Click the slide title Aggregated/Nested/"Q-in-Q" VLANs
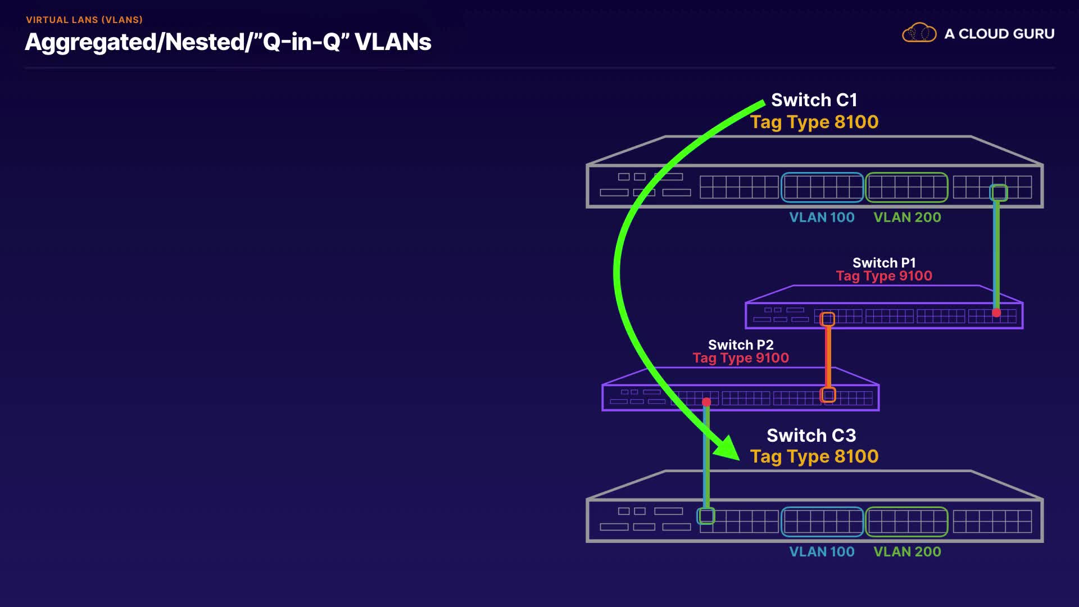(x=228, y=42)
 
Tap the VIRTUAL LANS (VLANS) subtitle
(x=84, y=20)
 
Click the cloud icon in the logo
(x=919, y=33)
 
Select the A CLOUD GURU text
(x=999, y=34)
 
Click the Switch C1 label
(x=814, y=100)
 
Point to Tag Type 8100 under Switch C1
(x=814, y=122)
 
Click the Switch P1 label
(x=884, y=262)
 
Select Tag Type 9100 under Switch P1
(x=884, y=276)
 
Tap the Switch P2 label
(x=741, y=345)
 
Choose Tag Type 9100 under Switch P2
(x=741, y=358)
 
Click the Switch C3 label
(x=811, y=436)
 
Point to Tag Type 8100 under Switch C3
(x=814, y=456)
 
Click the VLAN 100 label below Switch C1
(x=822, y=218)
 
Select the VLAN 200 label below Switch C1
(x=907, y=218)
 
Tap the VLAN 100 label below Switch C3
(x=822, y=552)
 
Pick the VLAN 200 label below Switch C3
(x=907, y=552)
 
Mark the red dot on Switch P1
(x=996, y=313)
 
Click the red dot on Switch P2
(x=706, y=402)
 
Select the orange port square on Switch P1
(x=827, y=319)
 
